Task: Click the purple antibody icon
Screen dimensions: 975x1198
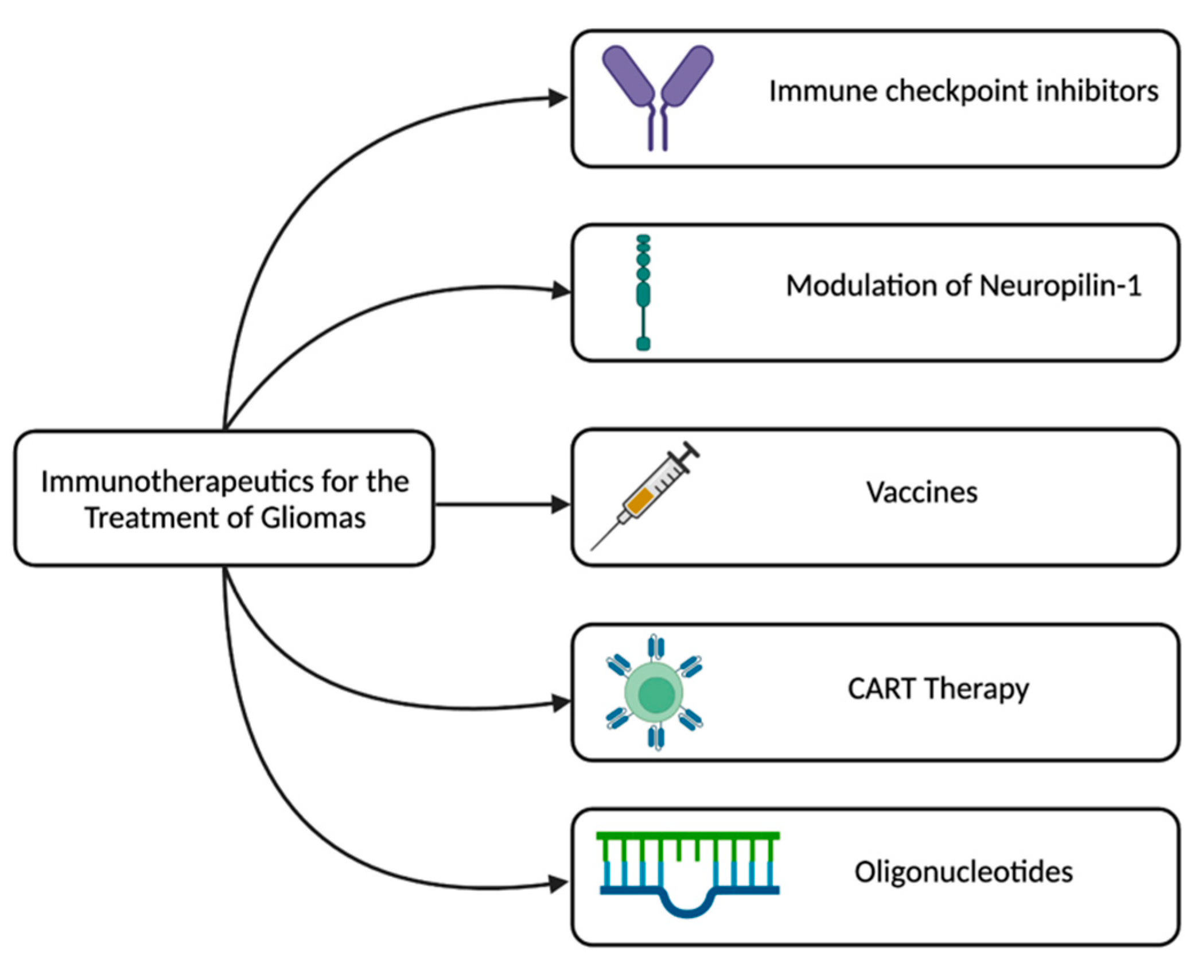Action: point(658,92)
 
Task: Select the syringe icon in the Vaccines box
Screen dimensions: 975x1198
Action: point(648,494)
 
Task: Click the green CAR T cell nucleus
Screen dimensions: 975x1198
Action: point(656,694)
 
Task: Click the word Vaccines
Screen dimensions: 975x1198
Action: point(921,492)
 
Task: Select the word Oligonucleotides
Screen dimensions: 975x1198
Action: point(963,872)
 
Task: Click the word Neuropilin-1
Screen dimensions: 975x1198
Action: point(1060,286)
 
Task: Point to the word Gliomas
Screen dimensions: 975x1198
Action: point(313,518)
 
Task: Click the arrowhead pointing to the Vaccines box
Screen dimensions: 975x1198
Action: point(559,504)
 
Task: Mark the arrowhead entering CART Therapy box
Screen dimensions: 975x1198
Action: point(561,703)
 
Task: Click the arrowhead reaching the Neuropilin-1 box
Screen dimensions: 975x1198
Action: point(561,290)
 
